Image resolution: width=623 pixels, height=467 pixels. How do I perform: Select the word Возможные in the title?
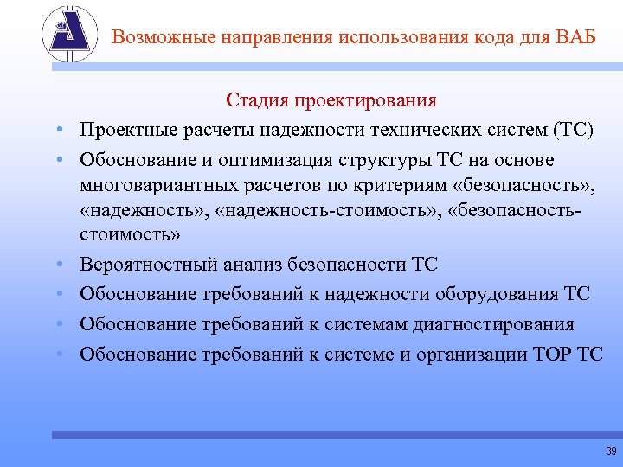coord(163,37)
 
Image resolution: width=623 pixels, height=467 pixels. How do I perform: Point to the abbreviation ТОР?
coord(551,354)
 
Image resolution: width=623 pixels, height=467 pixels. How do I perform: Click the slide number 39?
coord(611,451)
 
